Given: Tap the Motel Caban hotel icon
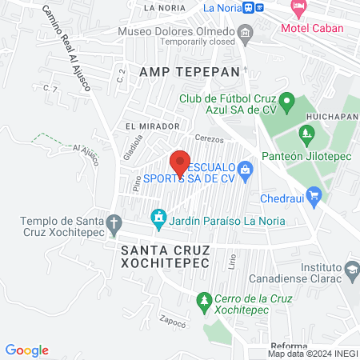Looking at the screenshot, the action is (299, 9).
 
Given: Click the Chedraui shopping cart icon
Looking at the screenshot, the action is (314, 194).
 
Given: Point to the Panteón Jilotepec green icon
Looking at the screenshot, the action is (305, 132).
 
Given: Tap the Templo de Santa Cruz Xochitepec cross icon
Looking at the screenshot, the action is (114, 222).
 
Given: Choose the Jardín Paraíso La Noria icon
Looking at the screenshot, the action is (158, 217).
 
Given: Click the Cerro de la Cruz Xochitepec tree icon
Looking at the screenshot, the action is (203, 300).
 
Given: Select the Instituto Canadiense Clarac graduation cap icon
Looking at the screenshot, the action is (351, 270).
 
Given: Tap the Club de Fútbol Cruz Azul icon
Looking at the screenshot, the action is (290, 102).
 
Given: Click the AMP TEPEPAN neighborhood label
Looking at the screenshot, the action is (190, 71).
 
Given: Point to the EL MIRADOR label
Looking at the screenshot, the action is (152, 126).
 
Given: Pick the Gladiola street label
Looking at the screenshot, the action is (128, 146).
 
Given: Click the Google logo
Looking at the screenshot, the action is (27, 350).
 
